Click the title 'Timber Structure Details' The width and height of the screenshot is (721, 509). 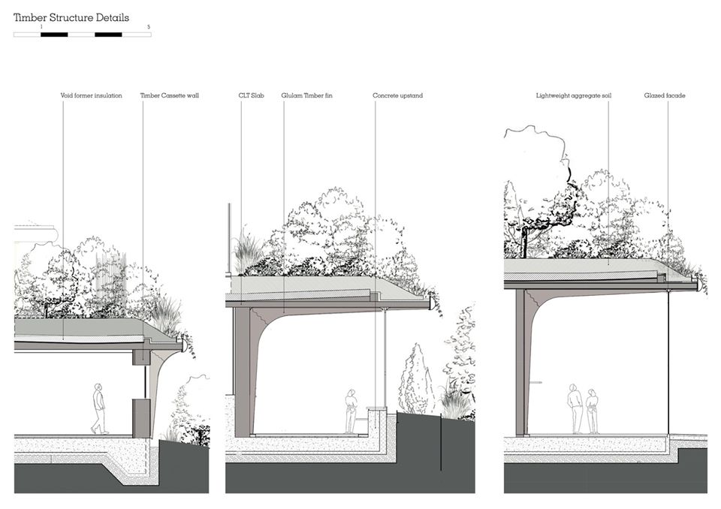pos(71,17)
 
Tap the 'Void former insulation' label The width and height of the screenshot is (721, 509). pos(91,96)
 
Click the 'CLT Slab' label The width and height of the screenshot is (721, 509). pos(251,96)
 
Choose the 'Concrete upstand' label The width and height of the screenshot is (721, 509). pos(397,96)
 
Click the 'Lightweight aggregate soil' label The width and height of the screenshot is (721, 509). pos(573,96)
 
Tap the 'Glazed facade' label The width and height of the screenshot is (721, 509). pos(665,96)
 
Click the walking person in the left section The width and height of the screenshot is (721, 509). pos(99,408)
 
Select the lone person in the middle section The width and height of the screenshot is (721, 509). pos(351,411)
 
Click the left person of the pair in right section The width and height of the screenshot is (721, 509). pos(575,408)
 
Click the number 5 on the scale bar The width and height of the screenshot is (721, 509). pos(149,27)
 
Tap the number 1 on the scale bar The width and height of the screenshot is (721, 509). pos(41,27)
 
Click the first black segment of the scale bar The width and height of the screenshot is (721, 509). pos(55,34)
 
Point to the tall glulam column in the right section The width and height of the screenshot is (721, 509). pos(520,360)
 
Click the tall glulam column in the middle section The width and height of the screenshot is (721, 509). pos(241,372)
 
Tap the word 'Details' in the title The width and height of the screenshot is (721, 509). pos(112,17)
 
